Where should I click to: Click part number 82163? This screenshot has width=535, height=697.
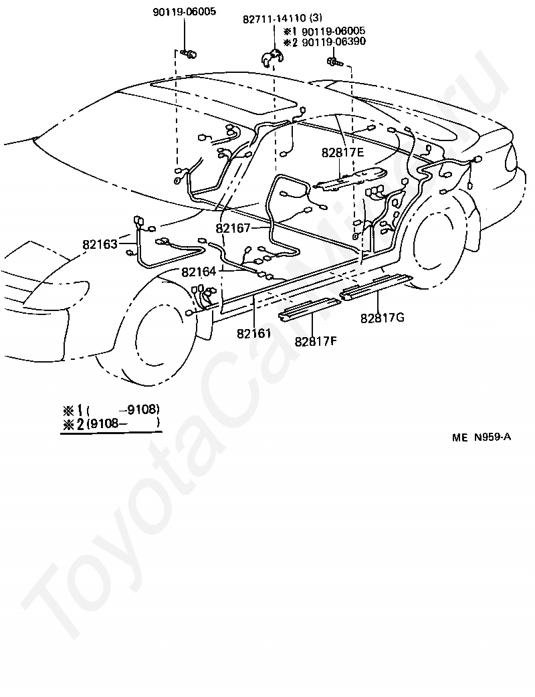(100, 244)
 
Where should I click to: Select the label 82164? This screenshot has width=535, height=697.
(199, 272)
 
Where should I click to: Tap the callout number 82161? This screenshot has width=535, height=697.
(253, 332)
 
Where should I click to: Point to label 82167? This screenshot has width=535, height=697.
(233, 228)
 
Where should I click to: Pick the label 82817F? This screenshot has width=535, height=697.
(316, 341)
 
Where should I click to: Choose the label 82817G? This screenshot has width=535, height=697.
(383, 318)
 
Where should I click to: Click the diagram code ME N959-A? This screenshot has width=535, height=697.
(481, 437)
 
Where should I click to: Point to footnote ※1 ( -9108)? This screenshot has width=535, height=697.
(110, 410)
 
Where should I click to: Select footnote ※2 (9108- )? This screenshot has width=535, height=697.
(110, 423)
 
